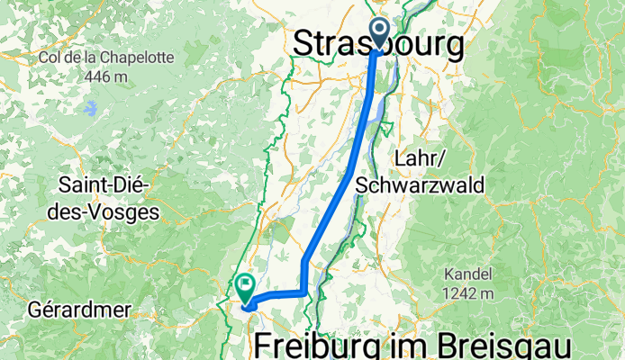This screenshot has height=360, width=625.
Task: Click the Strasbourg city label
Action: tap(381, 42)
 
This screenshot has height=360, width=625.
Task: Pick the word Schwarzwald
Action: tap(421, 185)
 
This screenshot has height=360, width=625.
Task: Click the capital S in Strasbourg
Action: tap(306, 42)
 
